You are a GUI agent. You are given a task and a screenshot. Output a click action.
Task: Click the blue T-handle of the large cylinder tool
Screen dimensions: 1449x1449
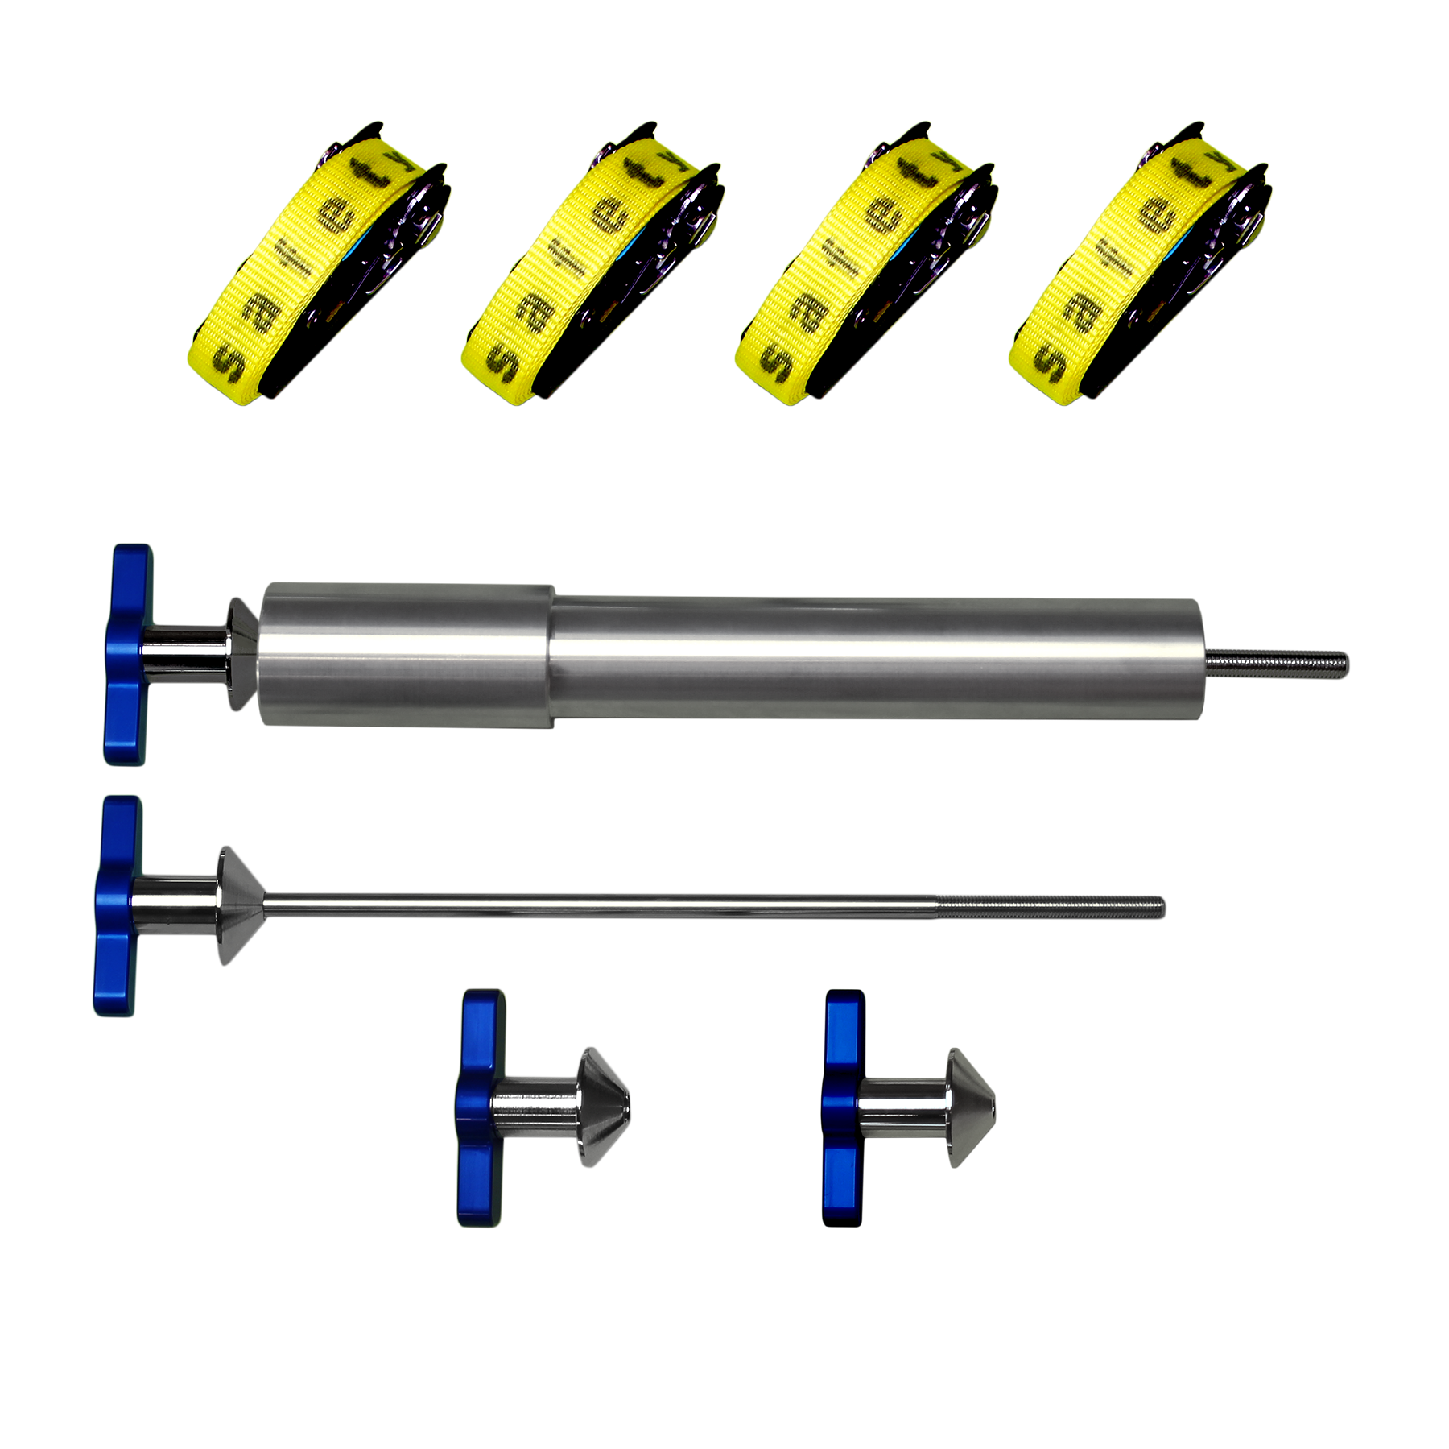pyautogui.click(x=127, y=654)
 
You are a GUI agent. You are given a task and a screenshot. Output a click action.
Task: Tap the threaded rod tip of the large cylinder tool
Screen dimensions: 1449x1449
pyautogui.click(x=1277, y=664)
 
